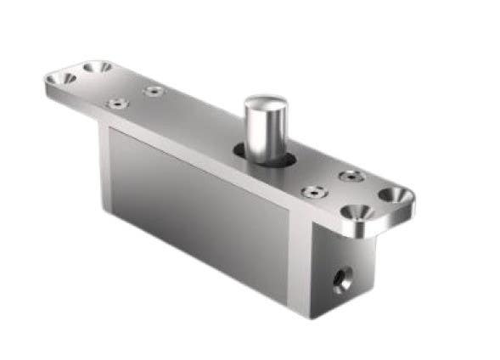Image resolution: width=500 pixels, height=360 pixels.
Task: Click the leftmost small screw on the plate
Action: (116, 104)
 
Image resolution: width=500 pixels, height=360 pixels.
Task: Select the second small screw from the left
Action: (153, 89)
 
